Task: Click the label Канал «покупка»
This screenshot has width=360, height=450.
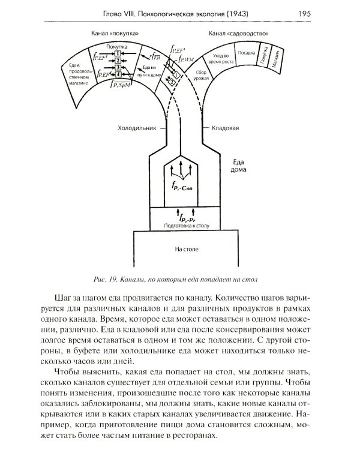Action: click(x=118, y=34)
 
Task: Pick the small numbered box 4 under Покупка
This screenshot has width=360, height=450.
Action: click(x=119, y=74)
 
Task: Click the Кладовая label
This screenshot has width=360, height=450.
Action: click(x=226, y=128)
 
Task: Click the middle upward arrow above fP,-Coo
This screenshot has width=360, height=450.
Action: click(x=180, y=169)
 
